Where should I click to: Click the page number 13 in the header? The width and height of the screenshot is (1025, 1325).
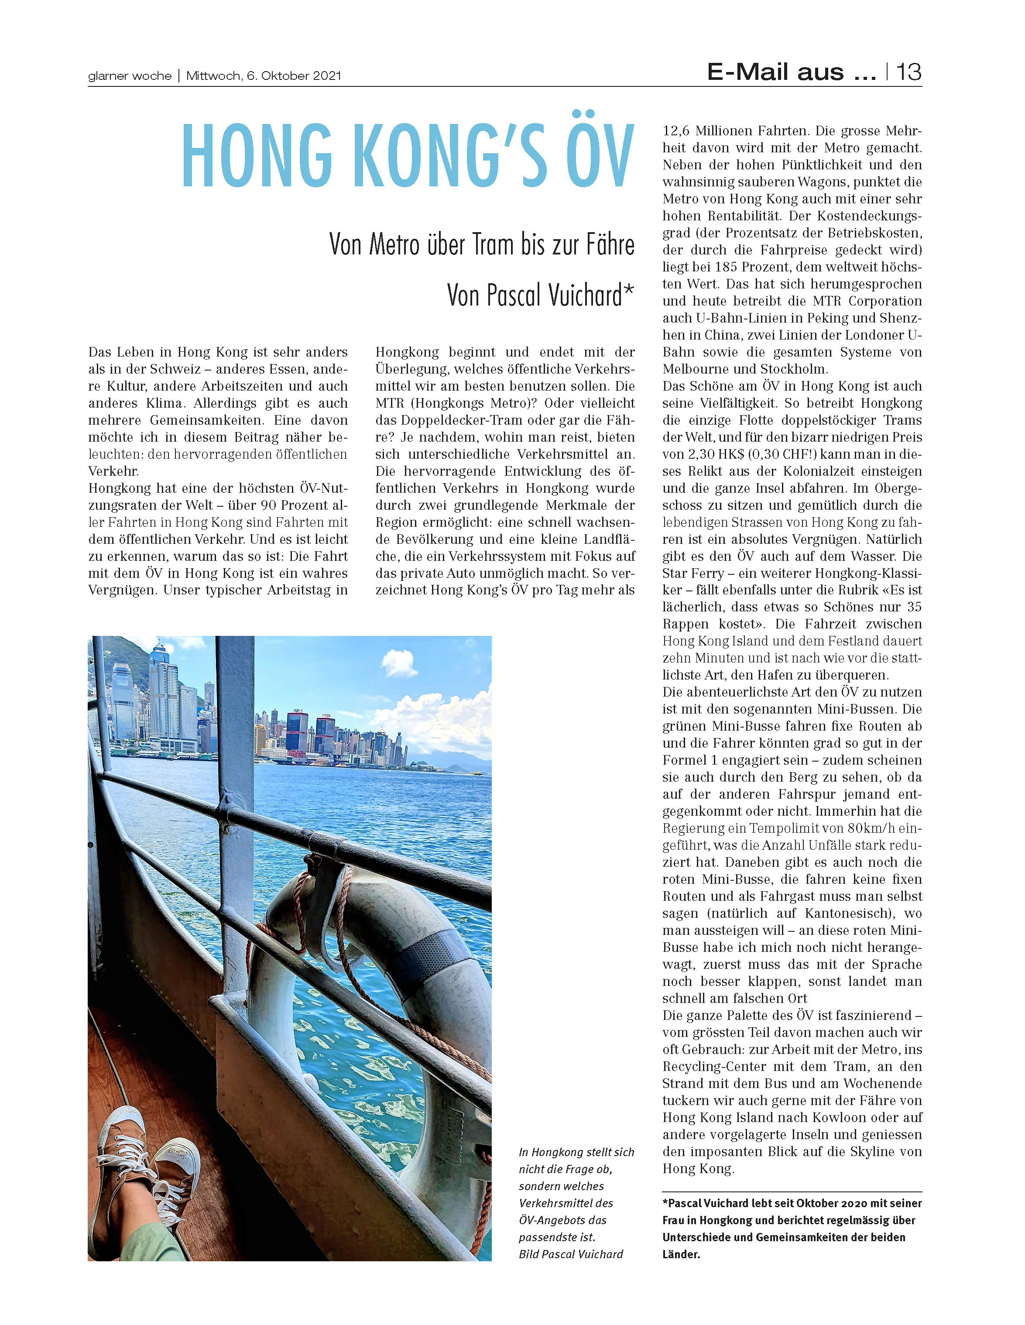coord(908,72)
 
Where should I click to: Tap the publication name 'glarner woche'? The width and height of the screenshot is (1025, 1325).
coord(130,76)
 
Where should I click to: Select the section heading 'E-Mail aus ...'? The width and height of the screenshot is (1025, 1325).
coord(792,72)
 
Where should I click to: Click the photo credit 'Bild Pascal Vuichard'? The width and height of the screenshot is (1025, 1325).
coord(571,1254)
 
